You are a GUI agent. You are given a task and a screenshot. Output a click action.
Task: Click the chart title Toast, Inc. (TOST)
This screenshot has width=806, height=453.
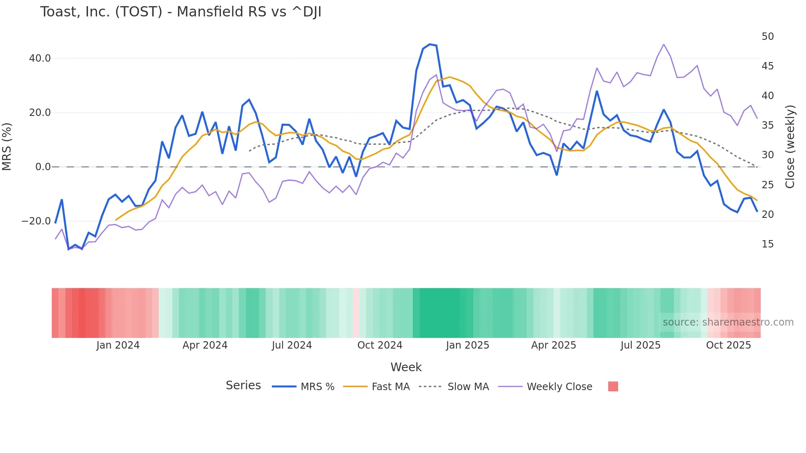pyautogui.click(x=181, y=12)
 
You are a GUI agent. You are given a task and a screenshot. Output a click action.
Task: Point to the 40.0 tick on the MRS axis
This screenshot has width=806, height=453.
pyautogui.click(x=40, y=58)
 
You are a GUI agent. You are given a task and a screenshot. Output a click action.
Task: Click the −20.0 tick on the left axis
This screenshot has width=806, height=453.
pyautogui.click(x=36, y=221)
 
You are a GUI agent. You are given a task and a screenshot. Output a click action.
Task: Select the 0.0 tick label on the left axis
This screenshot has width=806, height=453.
pyautogui.click(x=43, y=167)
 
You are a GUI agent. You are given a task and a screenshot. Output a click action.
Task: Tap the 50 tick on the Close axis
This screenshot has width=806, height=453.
pyautogui.click(x=767, y=37)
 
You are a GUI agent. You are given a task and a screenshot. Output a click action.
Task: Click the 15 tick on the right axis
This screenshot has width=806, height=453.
pyautogui.click(x=767, y=244)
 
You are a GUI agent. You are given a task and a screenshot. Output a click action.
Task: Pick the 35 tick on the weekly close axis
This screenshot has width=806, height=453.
pyautogui.click(x=767, y=125)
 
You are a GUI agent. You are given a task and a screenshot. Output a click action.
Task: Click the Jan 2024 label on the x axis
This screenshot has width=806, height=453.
pyautogui.click(x=118, y=345)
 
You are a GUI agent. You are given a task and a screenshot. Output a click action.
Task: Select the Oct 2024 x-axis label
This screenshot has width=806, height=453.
pyautogui.click(x=380, y=345)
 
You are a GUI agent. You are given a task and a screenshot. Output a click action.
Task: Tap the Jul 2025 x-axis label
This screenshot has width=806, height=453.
pyautogui.click(x=640, y=345)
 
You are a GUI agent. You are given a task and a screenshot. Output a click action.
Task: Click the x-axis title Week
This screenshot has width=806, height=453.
pyautogui.click(x=406, y=367)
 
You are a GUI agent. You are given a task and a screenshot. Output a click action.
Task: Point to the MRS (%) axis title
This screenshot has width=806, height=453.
pyautogui.click(x=7, y=146)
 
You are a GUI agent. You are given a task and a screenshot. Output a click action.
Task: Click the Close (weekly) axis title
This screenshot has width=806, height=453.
pyautogui.click(x=790, y=146)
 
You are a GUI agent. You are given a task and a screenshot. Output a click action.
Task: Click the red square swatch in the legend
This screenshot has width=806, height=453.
pyautogui.click(x=613, y=386)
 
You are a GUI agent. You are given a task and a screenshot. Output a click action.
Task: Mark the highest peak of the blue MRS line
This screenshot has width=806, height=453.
pyautogui.click(x=430, y=44)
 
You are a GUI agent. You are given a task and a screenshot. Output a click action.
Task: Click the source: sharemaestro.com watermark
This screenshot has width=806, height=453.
pyautogui.click(x=728, y=322)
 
